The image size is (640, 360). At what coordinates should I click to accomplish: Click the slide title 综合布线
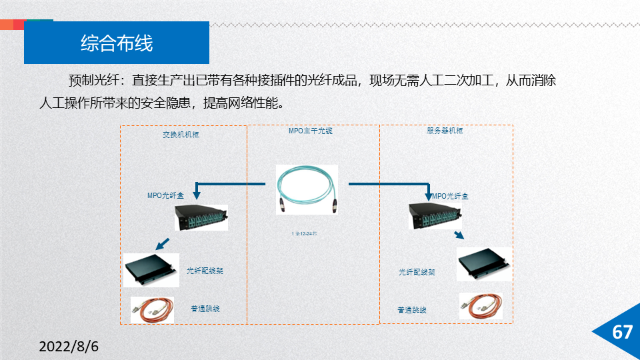[117, 43]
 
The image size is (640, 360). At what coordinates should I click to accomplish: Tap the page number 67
[622, 332]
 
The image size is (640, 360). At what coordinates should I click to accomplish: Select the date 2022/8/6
[69, 347]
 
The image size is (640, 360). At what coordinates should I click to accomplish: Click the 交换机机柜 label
[181, 135]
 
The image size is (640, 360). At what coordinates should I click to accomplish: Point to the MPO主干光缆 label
[310, 131]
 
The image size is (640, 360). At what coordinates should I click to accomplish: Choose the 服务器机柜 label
[445, 131]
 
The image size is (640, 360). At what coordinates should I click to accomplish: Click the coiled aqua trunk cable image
[307, 189]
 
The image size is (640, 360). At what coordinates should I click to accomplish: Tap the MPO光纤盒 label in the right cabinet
[451, 196]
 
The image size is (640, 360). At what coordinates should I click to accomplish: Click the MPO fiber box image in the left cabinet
[201, 217]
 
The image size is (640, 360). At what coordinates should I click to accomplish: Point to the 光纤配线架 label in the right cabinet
[417, 272]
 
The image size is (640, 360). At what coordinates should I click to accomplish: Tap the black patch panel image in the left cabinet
[151, 270]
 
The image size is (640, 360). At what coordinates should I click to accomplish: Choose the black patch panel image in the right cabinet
[484, 265]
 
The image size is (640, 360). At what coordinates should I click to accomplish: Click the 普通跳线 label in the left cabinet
[205, 309]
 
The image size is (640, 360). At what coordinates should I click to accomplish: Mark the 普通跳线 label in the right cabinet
[412, 310]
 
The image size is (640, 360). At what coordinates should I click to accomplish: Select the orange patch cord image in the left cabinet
[152, 310]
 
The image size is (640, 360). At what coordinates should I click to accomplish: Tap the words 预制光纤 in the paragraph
[93, 81]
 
